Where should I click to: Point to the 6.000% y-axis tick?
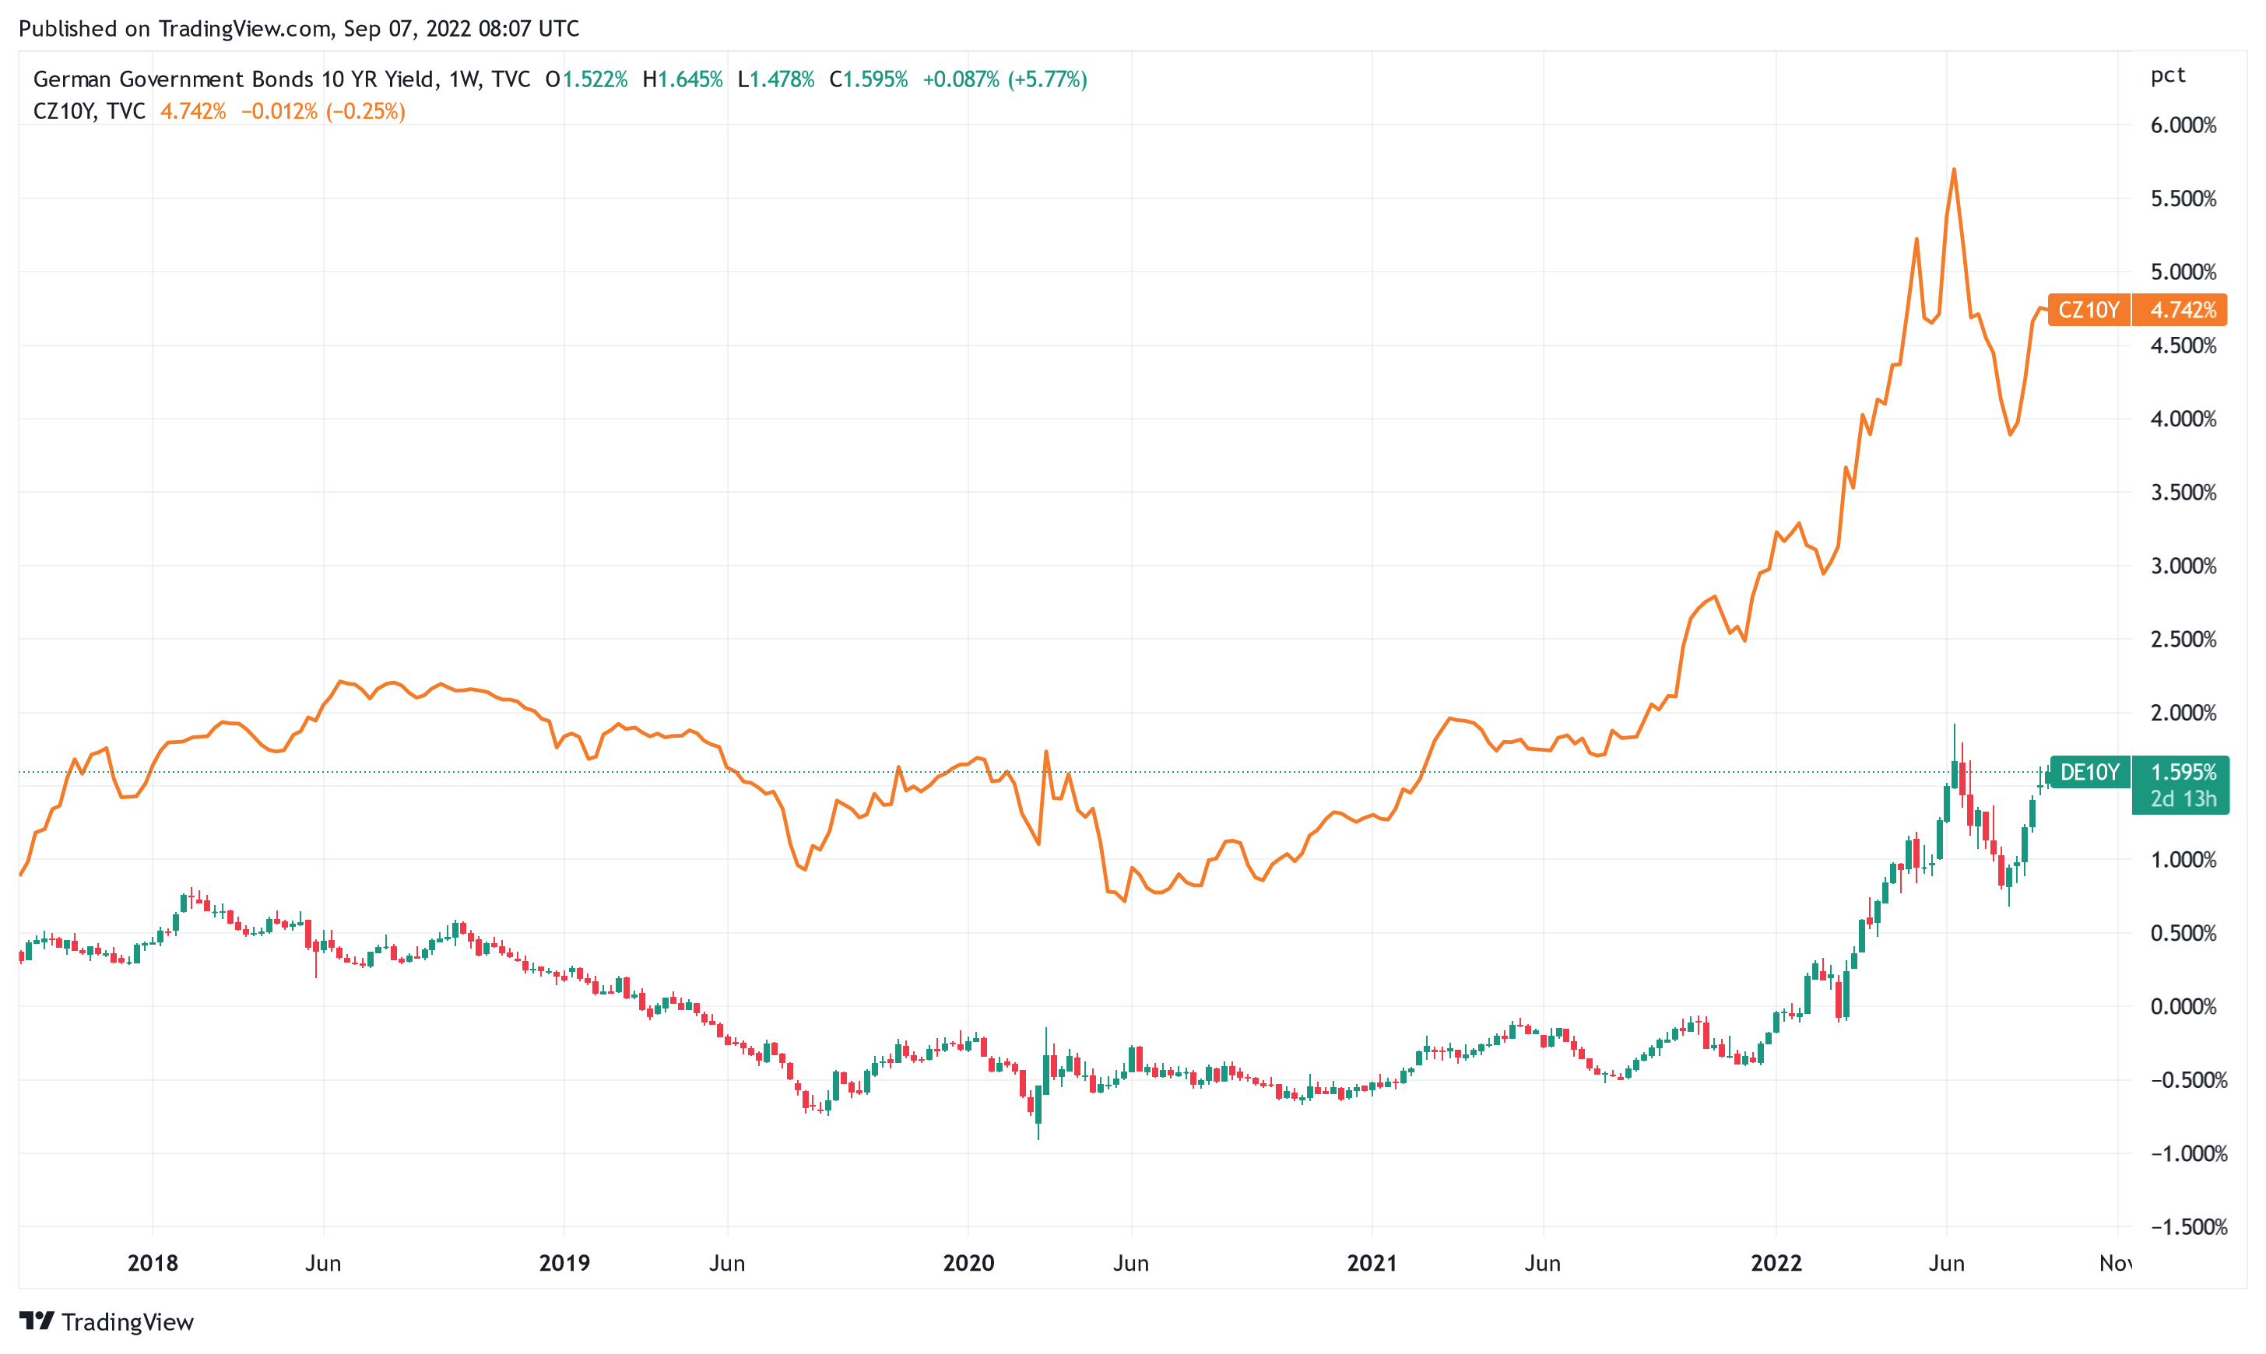coord(2183,125)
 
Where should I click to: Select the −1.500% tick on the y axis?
coord(2183,1227)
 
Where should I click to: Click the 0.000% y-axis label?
coord(2183,1006)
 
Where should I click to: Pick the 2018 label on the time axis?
coord(153,1264)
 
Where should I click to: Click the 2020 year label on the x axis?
coord(968,1264)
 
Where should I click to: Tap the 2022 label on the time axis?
coord(1776,1264)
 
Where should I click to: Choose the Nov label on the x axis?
coord(2116,1264)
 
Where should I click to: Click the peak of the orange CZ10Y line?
coord(1953,170)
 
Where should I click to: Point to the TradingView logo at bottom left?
coord(106,1322)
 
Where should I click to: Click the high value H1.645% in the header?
coord(683,79)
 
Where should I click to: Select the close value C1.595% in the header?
coord(868,79)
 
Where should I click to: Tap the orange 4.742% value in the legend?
coord(192,111)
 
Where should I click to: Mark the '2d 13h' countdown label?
coord(2182,799)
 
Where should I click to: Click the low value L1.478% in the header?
coord(776,79)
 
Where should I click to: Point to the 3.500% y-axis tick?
coord(2183,493)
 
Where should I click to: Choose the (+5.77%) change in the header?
coord(1048,79)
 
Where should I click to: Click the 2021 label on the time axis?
coord(1372,1264)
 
